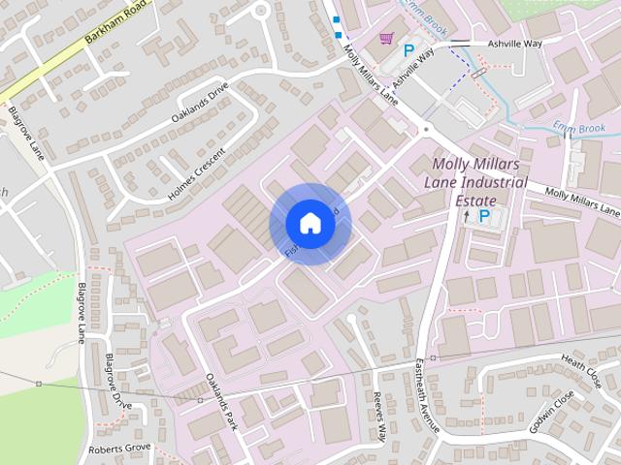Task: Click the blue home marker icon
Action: click(x=310, y=223)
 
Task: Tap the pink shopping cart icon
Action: click(x=387, y=38)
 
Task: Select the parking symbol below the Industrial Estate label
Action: click(x=483, y=217)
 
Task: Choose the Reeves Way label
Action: click(x=380, y=418)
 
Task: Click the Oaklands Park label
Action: click(x=221, y=402)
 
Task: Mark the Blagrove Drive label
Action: click(x=116, y=381)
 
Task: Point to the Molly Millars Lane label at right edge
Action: click(x=581, y=201)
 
